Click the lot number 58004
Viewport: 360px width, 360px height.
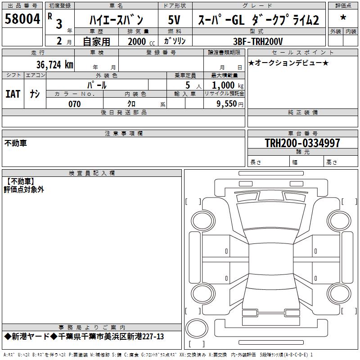point(22,19)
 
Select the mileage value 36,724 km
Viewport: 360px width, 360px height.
point(54,65)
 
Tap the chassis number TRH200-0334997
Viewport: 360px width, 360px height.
point(302,143)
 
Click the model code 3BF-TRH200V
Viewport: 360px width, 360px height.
point(258,41)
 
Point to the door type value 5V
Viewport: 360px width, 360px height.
point(174,19)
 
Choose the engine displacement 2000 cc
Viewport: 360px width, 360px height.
point(141,41)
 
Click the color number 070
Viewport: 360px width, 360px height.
point(75,104)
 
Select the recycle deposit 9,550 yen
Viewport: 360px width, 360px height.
point(230,104)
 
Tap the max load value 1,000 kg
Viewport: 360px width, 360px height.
point(228,85)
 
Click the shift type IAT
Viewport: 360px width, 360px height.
point(13,94)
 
